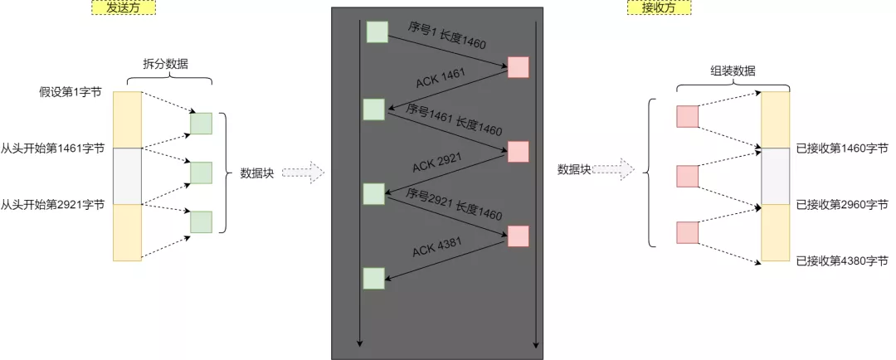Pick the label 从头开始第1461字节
point(53,148)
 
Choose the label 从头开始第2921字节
point(53,204)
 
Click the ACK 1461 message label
point(441,81)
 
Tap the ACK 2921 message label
point(437,162)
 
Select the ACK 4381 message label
point(437,246)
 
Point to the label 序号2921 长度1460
point(455,203)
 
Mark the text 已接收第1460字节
point(841,148)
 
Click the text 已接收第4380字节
point(841,260)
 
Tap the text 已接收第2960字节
point(841,204)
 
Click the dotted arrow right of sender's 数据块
point(302,173)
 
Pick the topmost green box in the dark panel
point(377,32)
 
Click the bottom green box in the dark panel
point(374,278)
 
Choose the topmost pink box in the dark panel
point(518,67)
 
